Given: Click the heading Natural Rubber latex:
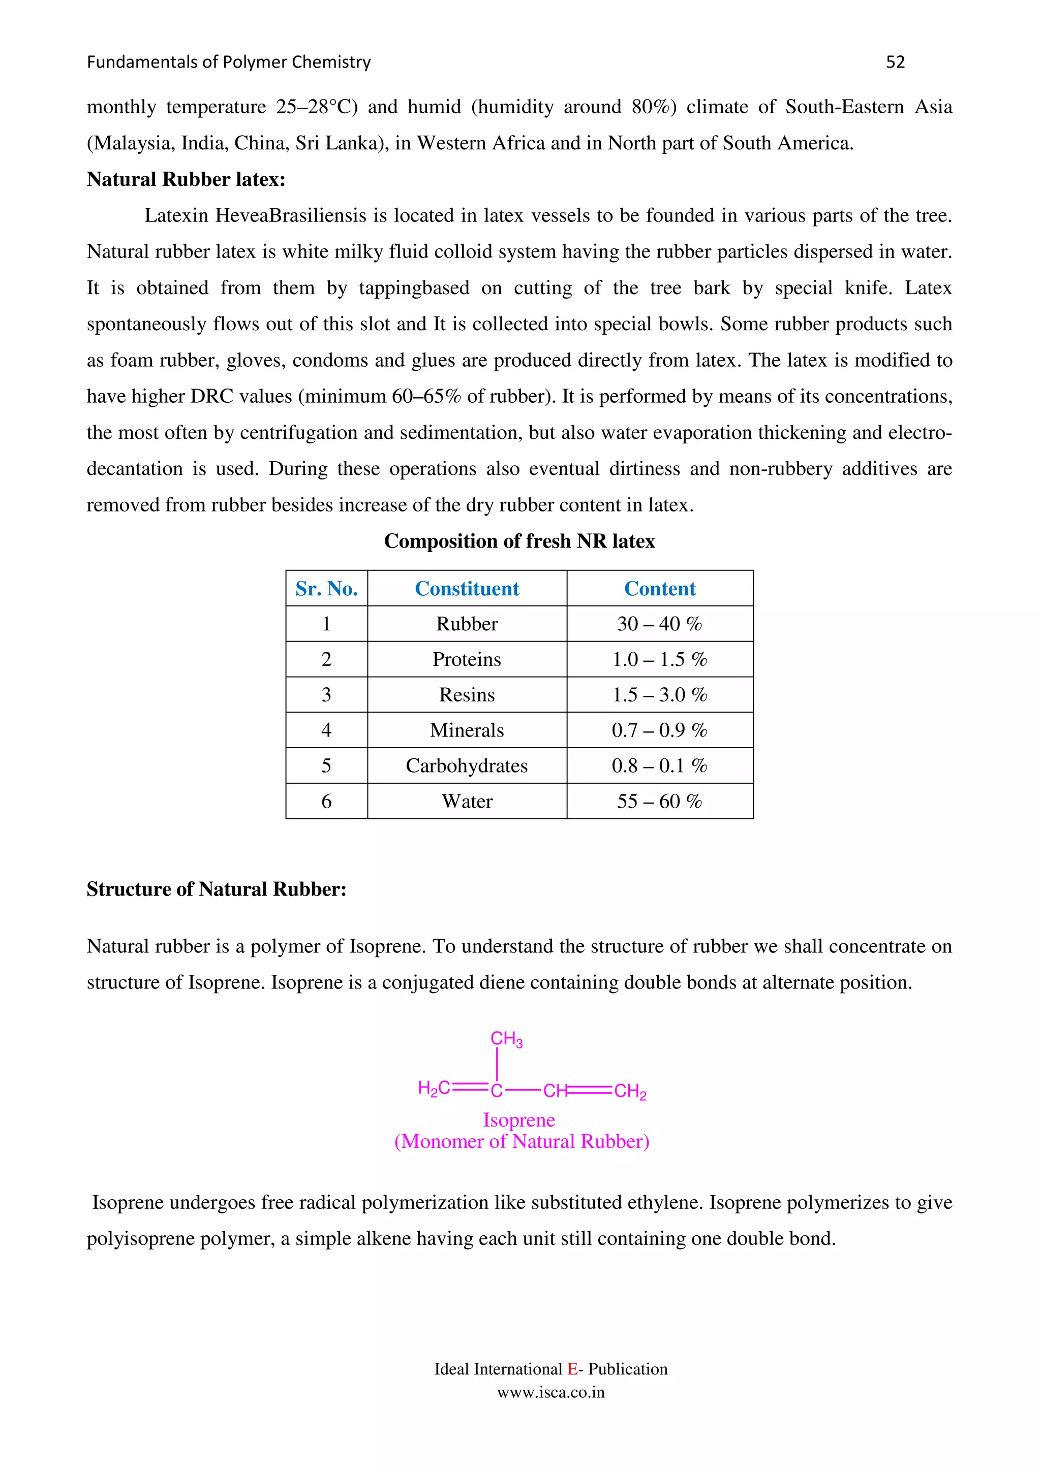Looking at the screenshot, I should pos(186,179).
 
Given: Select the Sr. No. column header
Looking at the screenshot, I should pos(326,589).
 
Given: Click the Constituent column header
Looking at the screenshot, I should pos(467,589).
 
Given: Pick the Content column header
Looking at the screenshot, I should pos(659,589).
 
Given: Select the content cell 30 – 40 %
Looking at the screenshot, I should pos(659,624).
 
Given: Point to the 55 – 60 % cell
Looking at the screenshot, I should pos(659,802).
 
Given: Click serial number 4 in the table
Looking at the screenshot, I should pos(326,730).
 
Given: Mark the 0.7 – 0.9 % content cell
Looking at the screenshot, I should pos(659,730).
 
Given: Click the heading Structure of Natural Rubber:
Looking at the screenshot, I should pos(216,889).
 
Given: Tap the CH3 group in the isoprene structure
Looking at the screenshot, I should pos(506,1039).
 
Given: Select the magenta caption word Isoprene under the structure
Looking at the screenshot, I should pos(519,1120).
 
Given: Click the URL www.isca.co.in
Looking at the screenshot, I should pos(551,1392).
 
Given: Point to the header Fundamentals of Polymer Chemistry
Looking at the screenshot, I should pos(228,62).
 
